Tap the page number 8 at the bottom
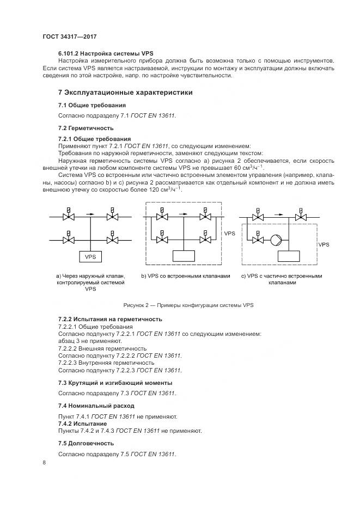[x=44, y=463]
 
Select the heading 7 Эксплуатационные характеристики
[x=125, y=93]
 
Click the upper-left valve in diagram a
[x=69, y=217]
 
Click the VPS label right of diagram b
[x=230, y=233]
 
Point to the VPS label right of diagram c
[x=324, y=245]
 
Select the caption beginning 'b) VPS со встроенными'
[x=186, y=276]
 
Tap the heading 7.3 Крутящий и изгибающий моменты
[x=115, y=383]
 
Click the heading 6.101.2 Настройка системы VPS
[x=106, y=53]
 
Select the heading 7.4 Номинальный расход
[x=96, y=406]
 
